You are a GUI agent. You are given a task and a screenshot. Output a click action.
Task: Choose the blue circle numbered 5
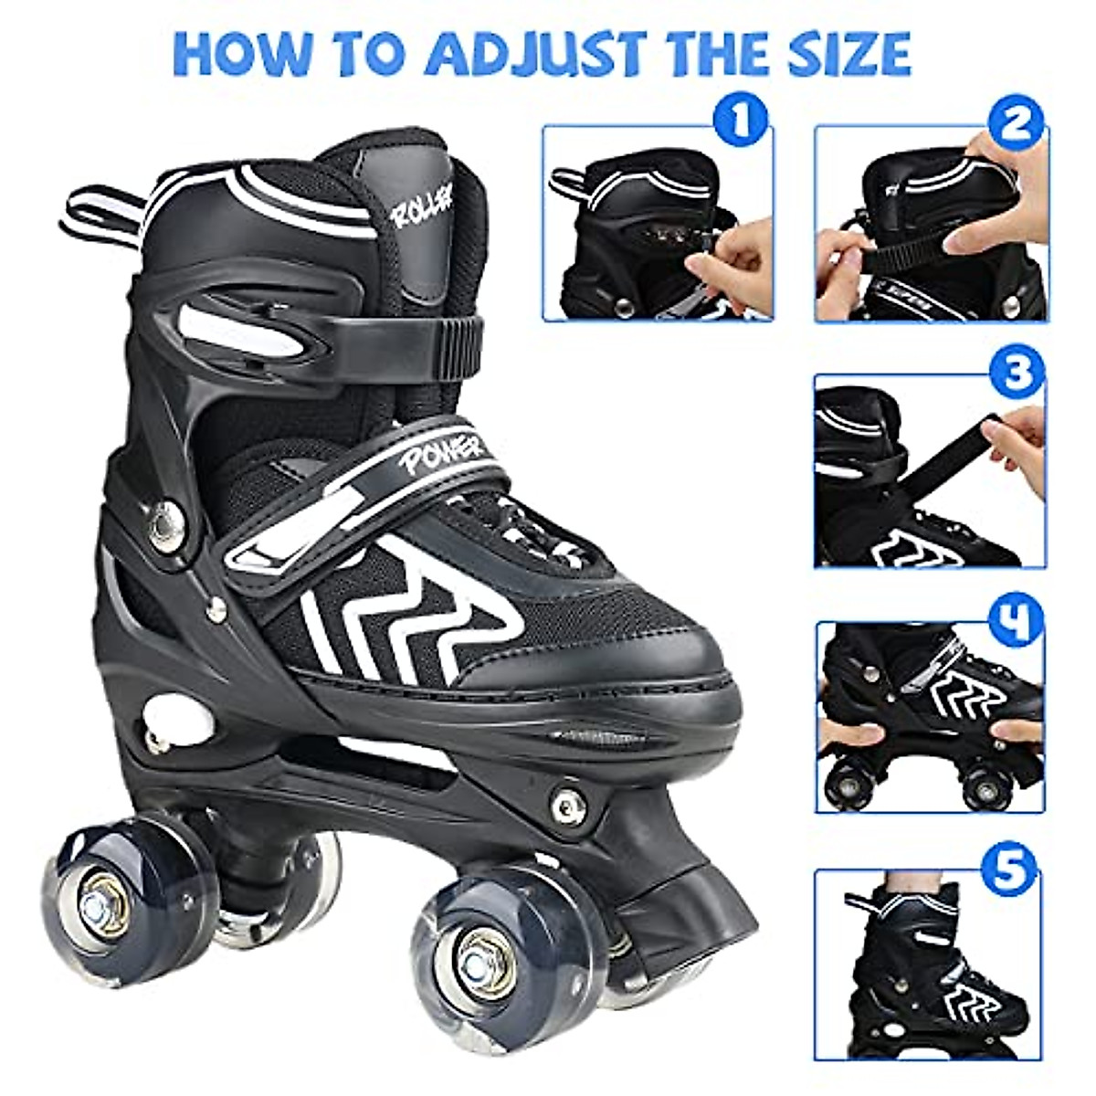pyautogui.click(x=1014, y=871)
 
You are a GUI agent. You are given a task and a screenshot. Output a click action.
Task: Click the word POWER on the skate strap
pyautogui.click(x=437, y=448)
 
